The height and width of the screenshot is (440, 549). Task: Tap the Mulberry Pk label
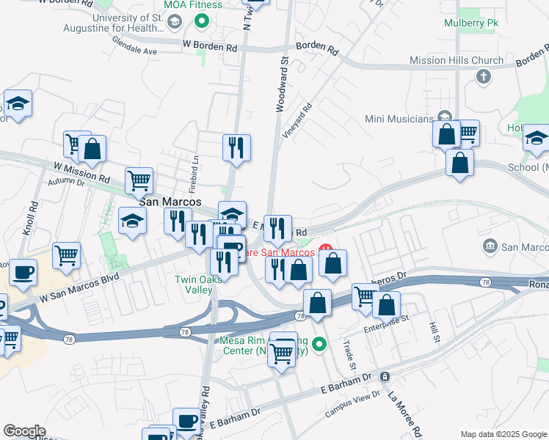471,23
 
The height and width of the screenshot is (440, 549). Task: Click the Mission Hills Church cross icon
483,76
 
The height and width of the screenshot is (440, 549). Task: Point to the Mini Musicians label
399,119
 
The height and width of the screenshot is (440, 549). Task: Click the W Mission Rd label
81,173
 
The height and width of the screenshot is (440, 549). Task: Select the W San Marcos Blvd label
79,289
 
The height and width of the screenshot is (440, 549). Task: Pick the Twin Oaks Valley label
194,285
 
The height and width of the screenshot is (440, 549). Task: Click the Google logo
24,431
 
